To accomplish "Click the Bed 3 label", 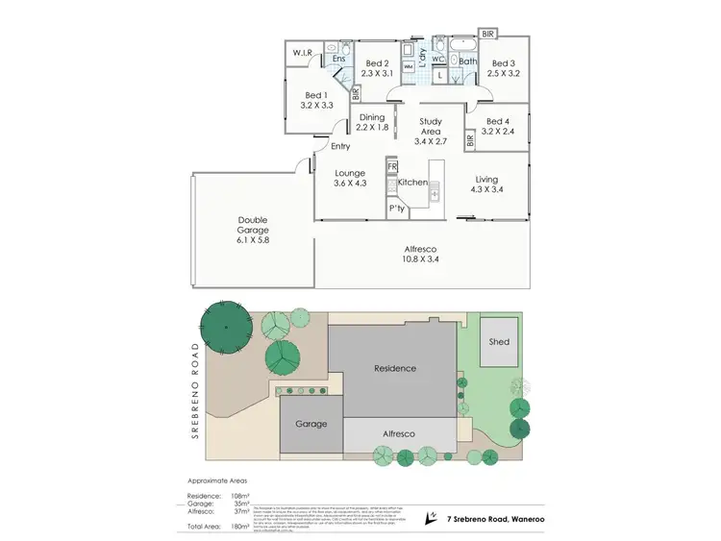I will click(504, 61).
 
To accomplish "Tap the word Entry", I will click(340, 146).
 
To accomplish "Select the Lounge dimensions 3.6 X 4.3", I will click(350, 184).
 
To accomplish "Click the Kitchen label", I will click(412, 182).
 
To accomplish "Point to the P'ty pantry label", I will click(396, 208).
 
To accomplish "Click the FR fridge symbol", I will click(392, 166).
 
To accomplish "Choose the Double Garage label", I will click(253, 225).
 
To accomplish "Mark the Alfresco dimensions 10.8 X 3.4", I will click(422, 258).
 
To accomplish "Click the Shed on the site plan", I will click(499, 342).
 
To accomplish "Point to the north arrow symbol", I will click(431, 516).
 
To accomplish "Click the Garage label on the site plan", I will click(311, 424).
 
